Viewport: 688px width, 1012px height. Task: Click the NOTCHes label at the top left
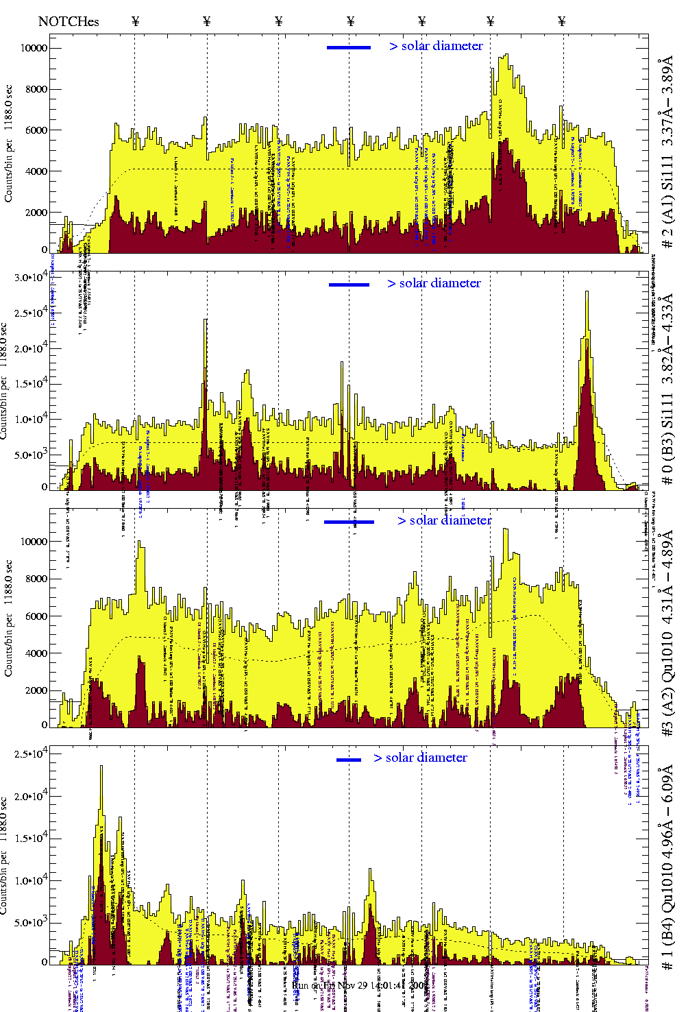tap(69, 21)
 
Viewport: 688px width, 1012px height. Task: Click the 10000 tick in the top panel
tap(34, 48)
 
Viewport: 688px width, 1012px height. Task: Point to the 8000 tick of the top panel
tap(37, 89)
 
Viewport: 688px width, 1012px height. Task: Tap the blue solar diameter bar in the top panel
tap(349, 47)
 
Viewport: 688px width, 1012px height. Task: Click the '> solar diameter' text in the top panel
tap(437, 46)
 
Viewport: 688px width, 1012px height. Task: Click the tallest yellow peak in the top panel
tap(506, 56)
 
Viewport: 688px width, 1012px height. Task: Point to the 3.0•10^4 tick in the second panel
tap(32, 277)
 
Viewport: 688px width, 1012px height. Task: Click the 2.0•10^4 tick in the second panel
tap(32, 348)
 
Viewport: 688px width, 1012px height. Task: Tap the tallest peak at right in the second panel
tap(587, 293)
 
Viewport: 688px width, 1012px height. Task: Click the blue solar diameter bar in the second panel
tap(349, 285)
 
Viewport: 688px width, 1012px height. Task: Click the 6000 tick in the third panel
tap(37, 616)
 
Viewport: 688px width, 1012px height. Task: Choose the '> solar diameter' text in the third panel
tap(445, 520)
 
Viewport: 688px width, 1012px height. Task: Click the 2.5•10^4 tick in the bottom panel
tap(32, 754)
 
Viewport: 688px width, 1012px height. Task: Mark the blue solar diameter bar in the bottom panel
tap(349, 760)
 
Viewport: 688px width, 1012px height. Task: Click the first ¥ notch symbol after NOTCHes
tap(135, 21)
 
